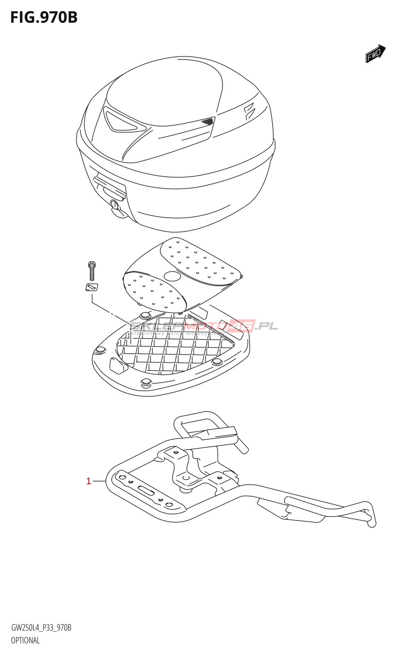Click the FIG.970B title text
(44, 17)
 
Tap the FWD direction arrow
(375, 54)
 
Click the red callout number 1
(88, 481)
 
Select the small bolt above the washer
(92, 271)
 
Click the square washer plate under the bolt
(92, 287)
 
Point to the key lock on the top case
(115, 205)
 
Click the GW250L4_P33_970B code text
(41, 628)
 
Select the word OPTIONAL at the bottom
(25, 640)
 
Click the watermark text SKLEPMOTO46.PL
(204, 326)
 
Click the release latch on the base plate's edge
(118, 365)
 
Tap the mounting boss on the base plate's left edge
(99, 350)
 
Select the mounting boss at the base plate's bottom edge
(146, 383)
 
